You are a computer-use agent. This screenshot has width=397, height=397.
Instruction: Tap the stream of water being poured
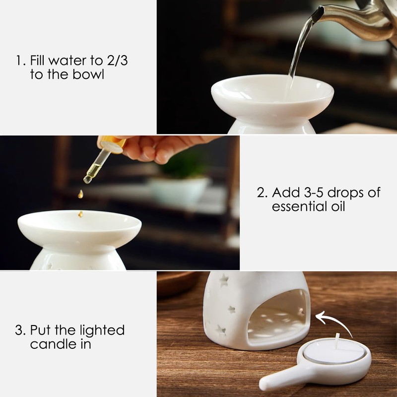click(x=299, y=50)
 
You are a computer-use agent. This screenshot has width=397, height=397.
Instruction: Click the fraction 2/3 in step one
click(x=122, y=62)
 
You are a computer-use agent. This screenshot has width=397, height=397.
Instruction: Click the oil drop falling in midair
click(x=80, y=195)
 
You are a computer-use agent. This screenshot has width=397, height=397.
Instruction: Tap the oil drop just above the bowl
click(x=80, y=214)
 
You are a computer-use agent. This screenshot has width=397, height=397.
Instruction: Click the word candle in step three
click(x=50, y=344)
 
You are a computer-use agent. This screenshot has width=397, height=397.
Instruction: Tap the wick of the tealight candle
click(x=336, y=342)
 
